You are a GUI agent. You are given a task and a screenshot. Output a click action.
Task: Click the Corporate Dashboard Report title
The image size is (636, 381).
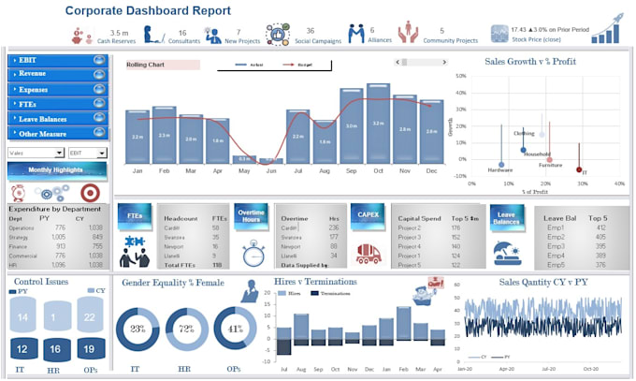coord(148,11)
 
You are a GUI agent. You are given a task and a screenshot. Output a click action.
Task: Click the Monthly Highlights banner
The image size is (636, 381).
coord(54,169)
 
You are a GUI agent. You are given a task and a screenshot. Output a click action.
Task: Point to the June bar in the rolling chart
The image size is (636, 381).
coord(270,161)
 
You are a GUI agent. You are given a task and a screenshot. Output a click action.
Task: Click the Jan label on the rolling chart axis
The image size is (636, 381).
coord(137,172)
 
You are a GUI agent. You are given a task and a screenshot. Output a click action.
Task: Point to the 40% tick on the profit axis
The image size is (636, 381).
coord(619,183)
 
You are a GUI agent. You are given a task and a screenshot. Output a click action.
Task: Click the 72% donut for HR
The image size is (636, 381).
coord(187,329)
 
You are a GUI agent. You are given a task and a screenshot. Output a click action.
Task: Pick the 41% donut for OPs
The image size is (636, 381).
coord(235,329)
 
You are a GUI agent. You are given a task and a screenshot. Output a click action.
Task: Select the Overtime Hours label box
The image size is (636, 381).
coord(251,216)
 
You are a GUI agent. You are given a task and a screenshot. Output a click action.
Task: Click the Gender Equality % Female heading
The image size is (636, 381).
coord(173,282)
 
